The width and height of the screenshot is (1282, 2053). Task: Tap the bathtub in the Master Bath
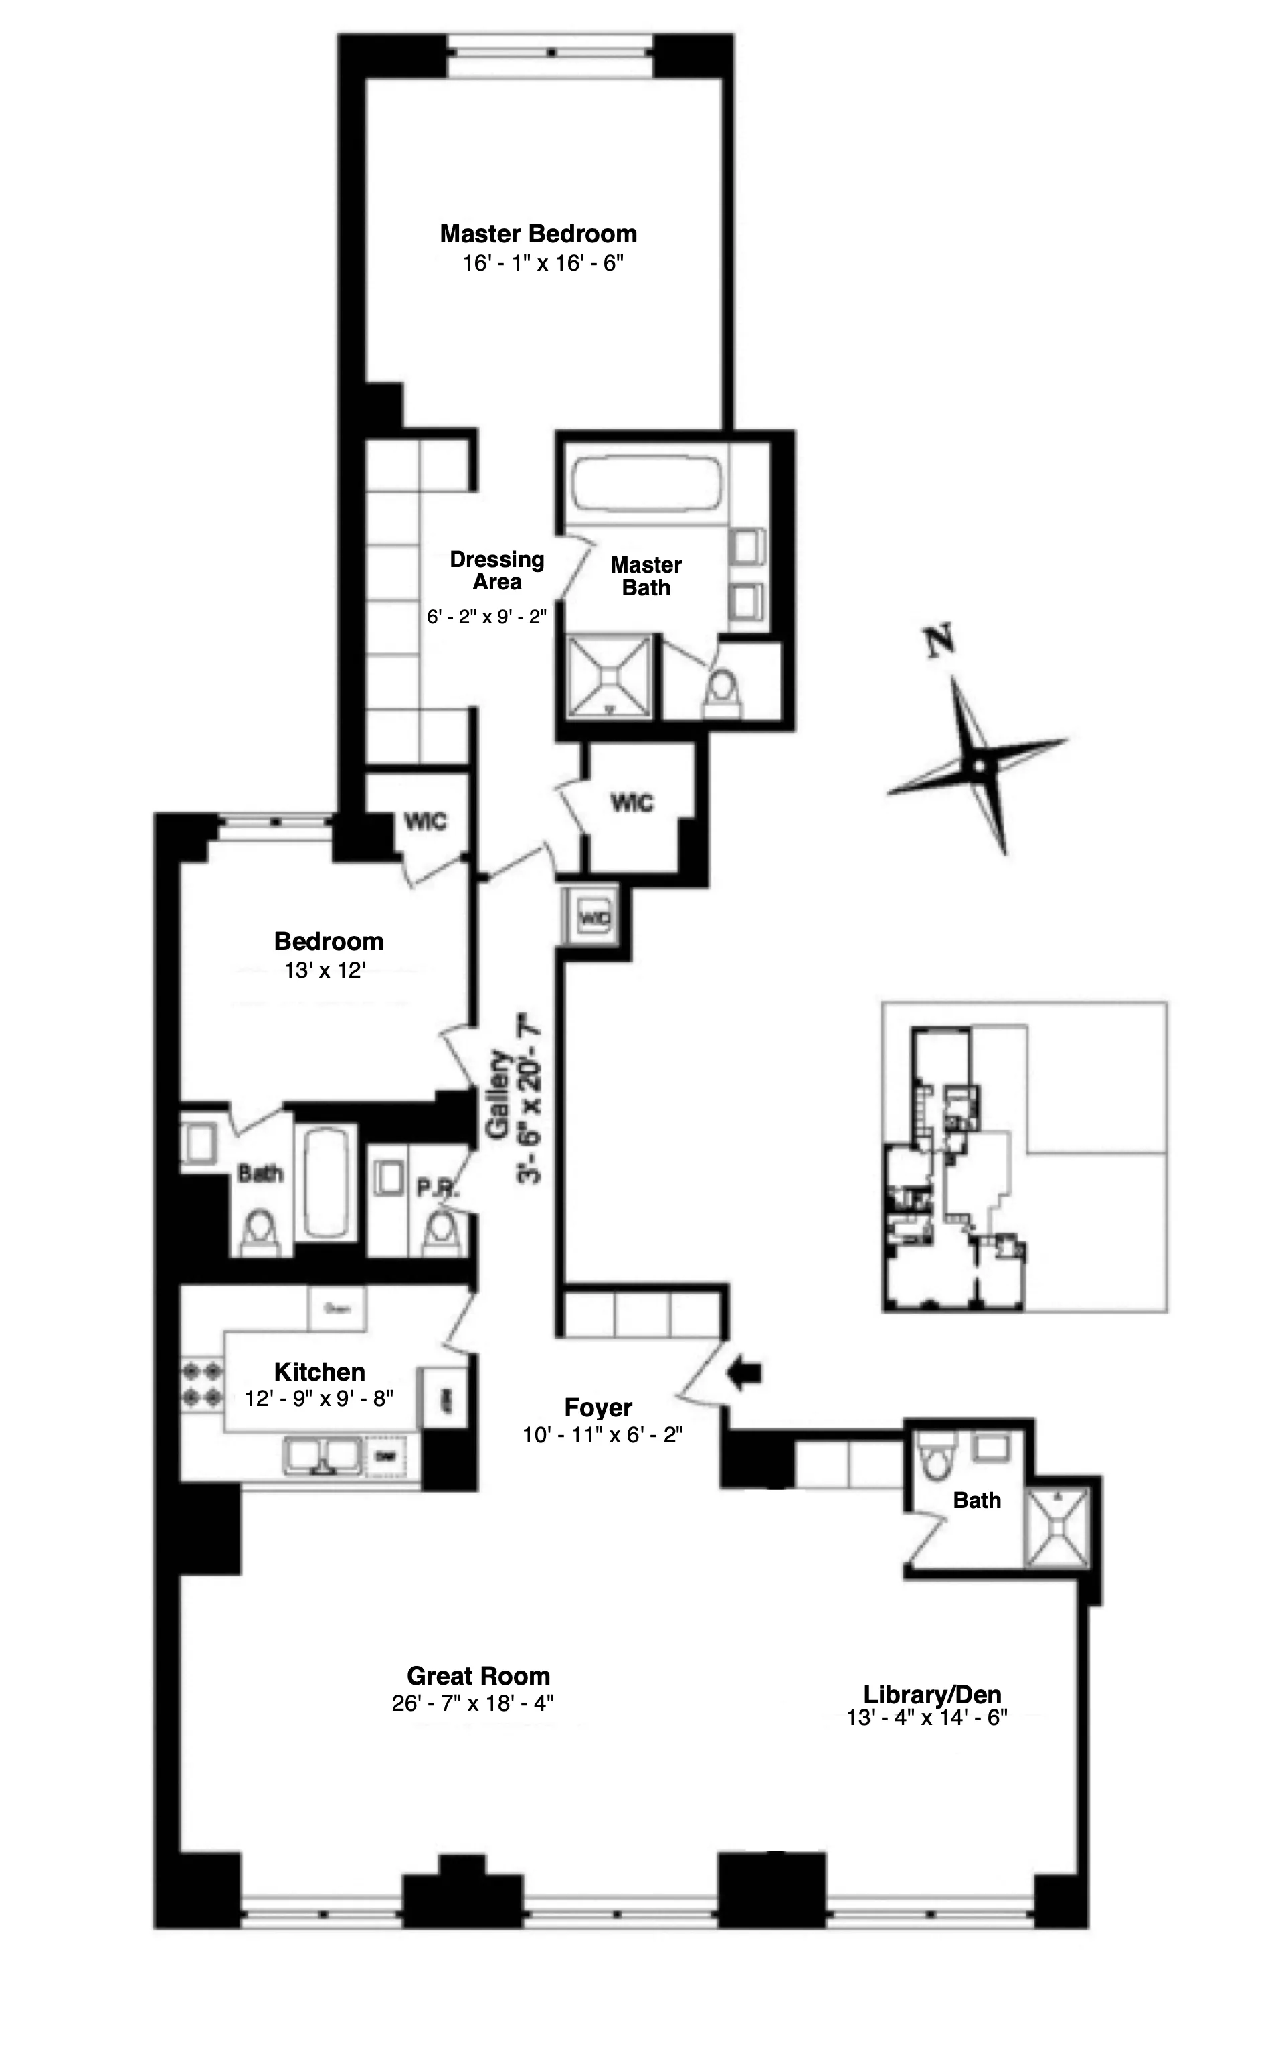click(x=646, y=484)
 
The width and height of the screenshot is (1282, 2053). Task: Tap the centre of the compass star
click(x=980, y=766)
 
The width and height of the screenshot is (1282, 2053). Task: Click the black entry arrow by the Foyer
click(x=745, y=1373)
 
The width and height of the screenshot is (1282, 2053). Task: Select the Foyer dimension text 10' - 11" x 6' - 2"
click(x=603, y=1434)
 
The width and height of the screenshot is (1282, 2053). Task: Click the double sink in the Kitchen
click(x=321, y=1456)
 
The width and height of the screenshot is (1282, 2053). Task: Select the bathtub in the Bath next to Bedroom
click(x=326, y=1182)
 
